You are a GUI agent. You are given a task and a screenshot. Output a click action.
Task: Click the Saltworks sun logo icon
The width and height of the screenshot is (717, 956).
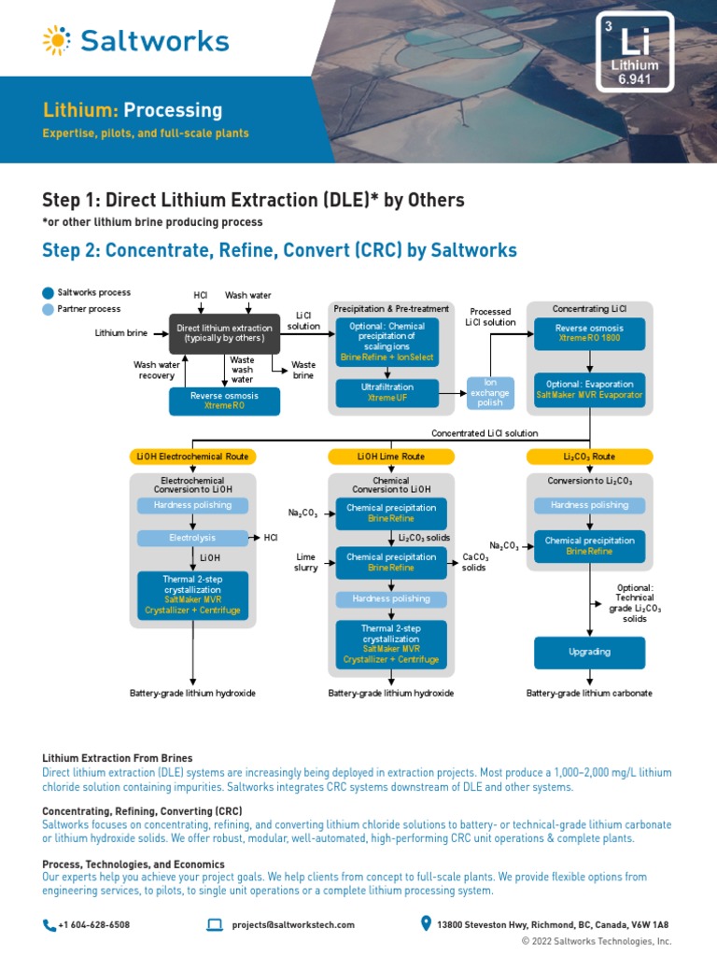(56, 40)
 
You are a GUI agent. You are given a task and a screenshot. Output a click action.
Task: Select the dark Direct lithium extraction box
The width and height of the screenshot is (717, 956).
(224, 333)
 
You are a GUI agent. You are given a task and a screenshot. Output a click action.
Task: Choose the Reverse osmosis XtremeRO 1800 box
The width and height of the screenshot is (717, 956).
(589, 333)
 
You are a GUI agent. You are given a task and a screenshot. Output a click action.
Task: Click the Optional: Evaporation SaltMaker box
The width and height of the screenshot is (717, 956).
(589, 389)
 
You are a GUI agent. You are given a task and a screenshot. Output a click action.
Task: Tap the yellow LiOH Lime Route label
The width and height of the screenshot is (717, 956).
(390, 457)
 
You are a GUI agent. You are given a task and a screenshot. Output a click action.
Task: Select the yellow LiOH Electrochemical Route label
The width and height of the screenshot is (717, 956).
(192, 457)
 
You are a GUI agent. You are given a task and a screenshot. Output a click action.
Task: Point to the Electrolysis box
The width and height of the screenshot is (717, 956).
(192, 538)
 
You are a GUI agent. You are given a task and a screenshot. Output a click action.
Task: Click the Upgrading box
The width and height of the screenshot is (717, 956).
(589, 652)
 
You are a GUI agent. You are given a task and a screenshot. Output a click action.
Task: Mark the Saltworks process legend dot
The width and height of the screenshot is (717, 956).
(49, 293)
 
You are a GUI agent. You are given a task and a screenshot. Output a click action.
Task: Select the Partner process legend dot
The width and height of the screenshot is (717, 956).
(49, 309)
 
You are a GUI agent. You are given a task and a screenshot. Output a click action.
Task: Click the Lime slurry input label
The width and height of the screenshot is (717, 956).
(307, 562)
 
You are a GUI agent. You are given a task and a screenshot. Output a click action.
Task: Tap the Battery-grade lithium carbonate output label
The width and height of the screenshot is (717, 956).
(589, 694)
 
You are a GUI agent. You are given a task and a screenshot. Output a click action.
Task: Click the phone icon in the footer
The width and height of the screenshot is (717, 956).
(49, 925)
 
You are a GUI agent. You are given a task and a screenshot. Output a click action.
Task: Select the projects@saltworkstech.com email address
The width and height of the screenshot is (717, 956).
(293, 925)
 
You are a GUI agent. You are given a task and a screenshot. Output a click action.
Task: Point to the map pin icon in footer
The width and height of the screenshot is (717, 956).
(427, 925)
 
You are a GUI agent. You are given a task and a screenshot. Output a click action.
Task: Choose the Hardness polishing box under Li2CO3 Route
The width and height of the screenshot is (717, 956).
(589, 505)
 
